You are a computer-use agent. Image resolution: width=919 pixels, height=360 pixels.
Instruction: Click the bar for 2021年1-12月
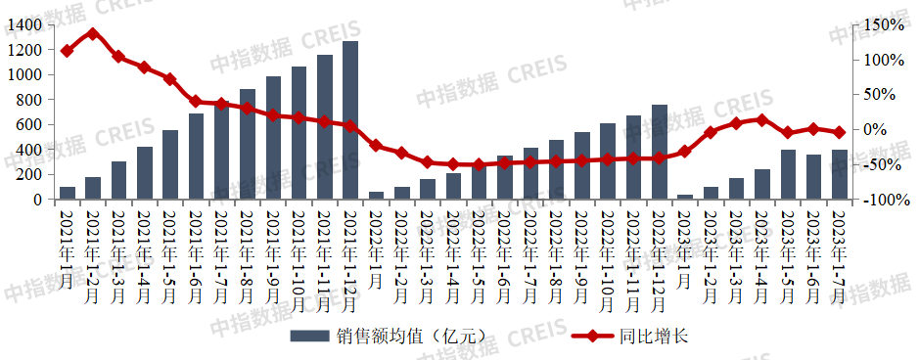point(349,120)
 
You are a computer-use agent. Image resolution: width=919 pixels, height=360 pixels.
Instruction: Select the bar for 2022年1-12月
point(659,152)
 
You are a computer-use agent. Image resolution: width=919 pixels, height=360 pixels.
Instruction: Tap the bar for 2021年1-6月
point(196,157)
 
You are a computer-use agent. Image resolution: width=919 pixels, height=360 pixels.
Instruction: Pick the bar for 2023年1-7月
point(839,174)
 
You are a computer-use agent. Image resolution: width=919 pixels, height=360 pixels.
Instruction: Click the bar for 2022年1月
point(376,196)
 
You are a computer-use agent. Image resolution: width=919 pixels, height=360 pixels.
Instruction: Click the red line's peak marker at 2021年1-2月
point(93,33)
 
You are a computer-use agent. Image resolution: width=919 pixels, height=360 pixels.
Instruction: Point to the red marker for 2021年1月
point(67,51)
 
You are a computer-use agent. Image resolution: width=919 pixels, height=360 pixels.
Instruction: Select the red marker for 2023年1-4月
point(761,119)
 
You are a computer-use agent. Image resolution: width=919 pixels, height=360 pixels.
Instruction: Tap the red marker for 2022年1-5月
point(479,164)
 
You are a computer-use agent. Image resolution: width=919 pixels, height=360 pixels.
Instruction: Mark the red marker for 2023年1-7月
point(839,132)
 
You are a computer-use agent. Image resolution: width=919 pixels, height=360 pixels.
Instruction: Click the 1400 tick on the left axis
point(27,23)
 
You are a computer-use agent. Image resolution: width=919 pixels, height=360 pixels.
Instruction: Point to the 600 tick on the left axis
point(31,124)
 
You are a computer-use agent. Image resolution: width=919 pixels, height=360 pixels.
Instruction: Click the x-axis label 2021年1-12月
point(349,253)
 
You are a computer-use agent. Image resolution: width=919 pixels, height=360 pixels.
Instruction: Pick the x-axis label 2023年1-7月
point(839,253)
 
